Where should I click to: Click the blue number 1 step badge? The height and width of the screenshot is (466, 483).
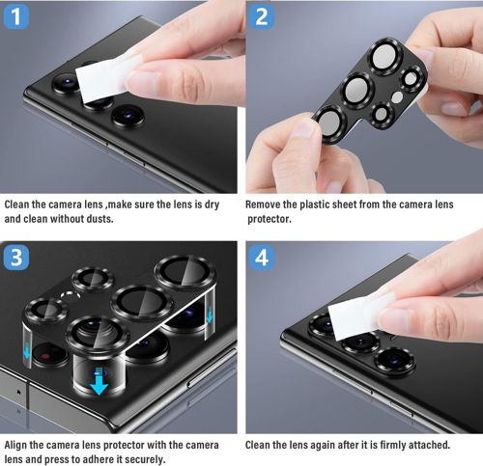[x=17, y=17]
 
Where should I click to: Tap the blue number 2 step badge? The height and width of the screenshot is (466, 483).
[x=263, y=17]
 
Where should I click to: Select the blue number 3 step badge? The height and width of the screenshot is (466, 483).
[x=17, y=259]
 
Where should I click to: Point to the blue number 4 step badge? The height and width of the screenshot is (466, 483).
[x=263, y=259]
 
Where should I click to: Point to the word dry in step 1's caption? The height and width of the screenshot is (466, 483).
[x=219, y=205]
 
